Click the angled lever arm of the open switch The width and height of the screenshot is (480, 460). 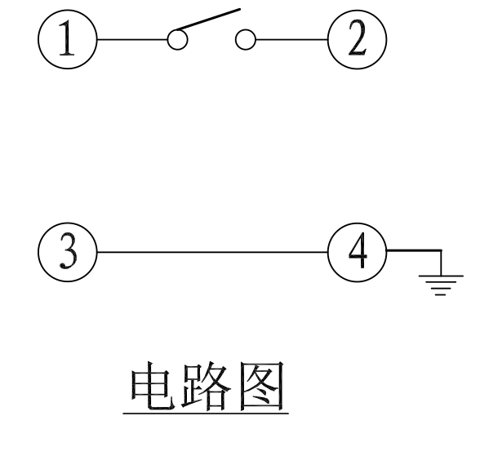point(207,20)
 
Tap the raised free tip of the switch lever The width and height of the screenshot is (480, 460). point(240,10)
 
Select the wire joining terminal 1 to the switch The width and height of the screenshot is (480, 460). point(132,39)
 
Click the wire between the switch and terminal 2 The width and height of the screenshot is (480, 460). point(291,39)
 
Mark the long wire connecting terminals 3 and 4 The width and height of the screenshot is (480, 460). point(212,252)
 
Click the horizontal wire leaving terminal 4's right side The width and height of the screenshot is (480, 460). point(414,250)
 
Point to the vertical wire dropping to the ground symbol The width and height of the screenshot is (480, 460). point(441,263)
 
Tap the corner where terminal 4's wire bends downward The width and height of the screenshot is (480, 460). point(441,250)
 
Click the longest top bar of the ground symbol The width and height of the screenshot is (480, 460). point(441,276)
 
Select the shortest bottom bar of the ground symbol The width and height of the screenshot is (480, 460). point(440,295)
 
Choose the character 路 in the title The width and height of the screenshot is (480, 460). point(207,387)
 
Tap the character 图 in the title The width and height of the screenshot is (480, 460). point(262,387)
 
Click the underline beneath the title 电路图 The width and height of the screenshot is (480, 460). point(206,414)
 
